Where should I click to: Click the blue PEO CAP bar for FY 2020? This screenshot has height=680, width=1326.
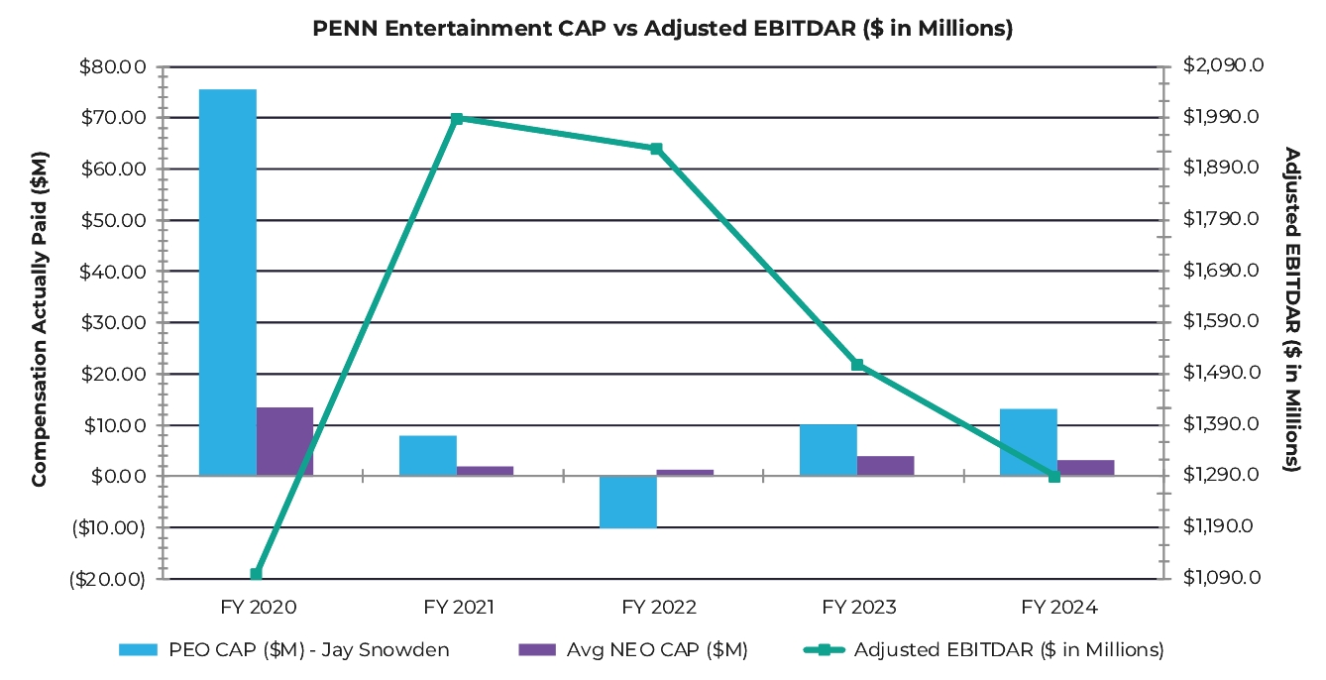pyautogui.click(x=228, y=283)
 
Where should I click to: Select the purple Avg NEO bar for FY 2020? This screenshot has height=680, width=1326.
pyautogui.click(x=284, y=441)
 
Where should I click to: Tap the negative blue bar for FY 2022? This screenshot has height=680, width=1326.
pyautogui.click(x=627, y=502)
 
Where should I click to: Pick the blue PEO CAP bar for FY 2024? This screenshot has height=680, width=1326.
pyautogui.click(x=1028, y=442)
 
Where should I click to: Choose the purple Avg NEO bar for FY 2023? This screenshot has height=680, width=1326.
pyautogui.click(x=885, y=466)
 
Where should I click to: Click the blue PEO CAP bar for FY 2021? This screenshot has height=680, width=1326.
pyautogui.click(x=428, y=456)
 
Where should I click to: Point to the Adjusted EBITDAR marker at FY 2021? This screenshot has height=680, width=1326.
pyautogui.click(x=457, y=119)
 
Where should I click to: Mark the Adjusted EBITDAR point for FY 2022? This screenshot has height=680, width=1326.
pyautogui.click(x=656, y=149)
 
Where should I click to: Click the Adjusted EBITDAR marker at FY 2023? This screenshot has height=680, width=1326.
pyautogui.click(x=857, y=365)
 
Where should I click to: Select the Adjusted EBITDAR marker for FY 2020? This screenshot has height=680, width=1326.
pyautogui.click(x=257, y=574)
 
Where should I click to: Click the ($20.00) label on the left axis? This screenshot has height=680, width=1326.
pyautogui.click(x=107, y=579)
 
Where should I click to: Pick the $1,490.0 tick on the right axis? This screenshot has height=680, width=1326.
pyautogui.click(x=1223, y=373)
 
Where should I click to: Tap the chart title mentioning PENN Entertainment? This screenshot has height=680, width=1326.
pyautogui.click(x=662, y=29)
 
